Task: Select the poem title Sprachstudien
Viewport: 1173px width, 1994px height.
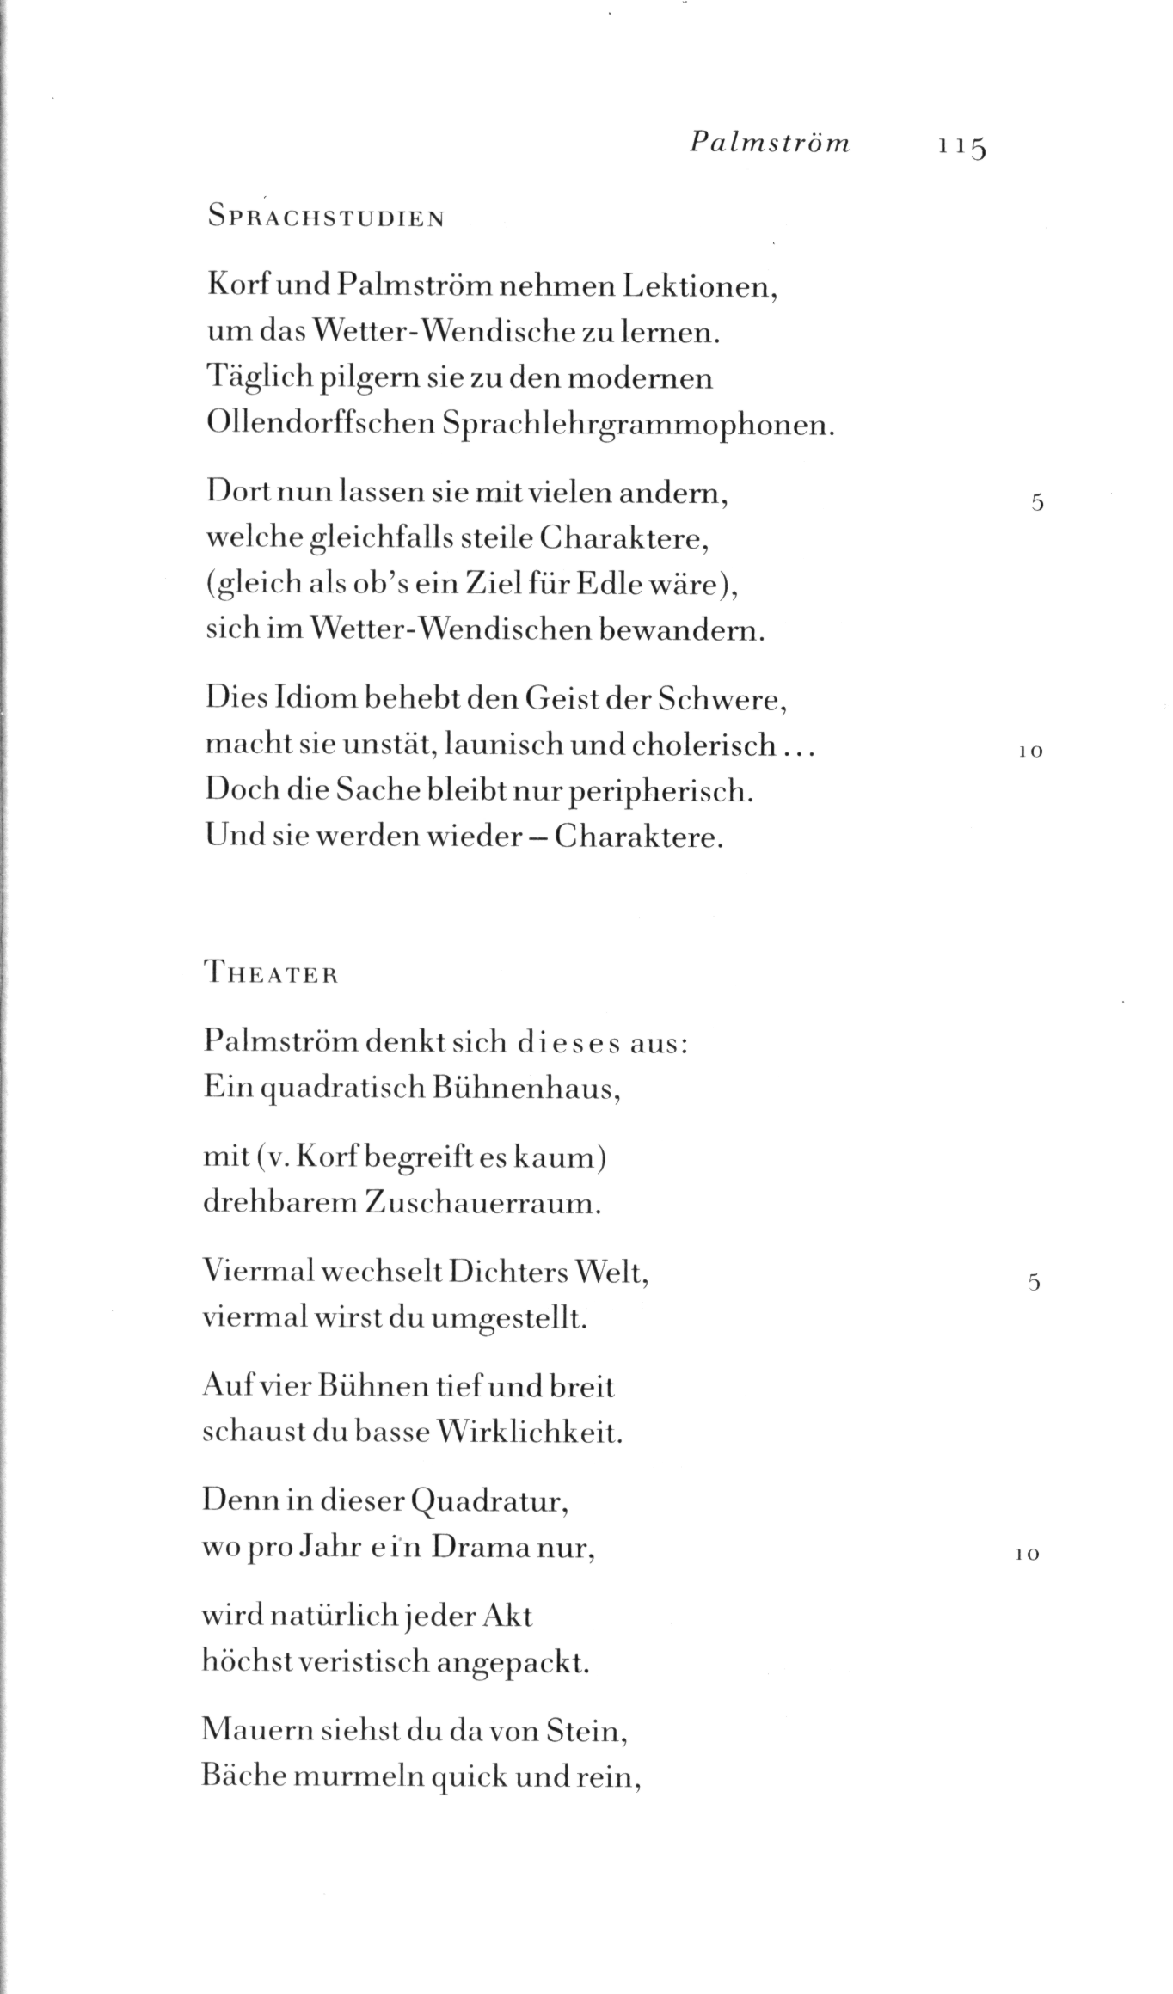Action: pyautogui.click(x=326, y=218)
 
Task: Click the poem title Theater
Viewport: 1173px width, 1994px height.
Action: pyautogui.click(x=271, y=974)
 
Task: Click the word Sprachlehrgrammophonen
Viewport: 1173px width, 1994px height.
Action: pyautogui.click(x=637, y=424)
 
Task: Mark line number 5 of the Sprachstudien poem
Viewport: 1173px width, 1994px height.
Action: pyautogui.click(x=1037, y=504)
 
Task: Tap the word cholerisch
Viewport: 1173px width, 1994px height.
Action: pyautogui.click(x=703, y=745)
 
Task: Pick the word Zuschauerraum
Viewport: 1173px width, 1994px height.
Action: pyautogui.click(x=483, y=1202)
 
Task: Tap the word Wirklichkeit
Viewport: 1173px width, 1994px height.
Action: pyautogui.click(x=529, y=1433)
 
